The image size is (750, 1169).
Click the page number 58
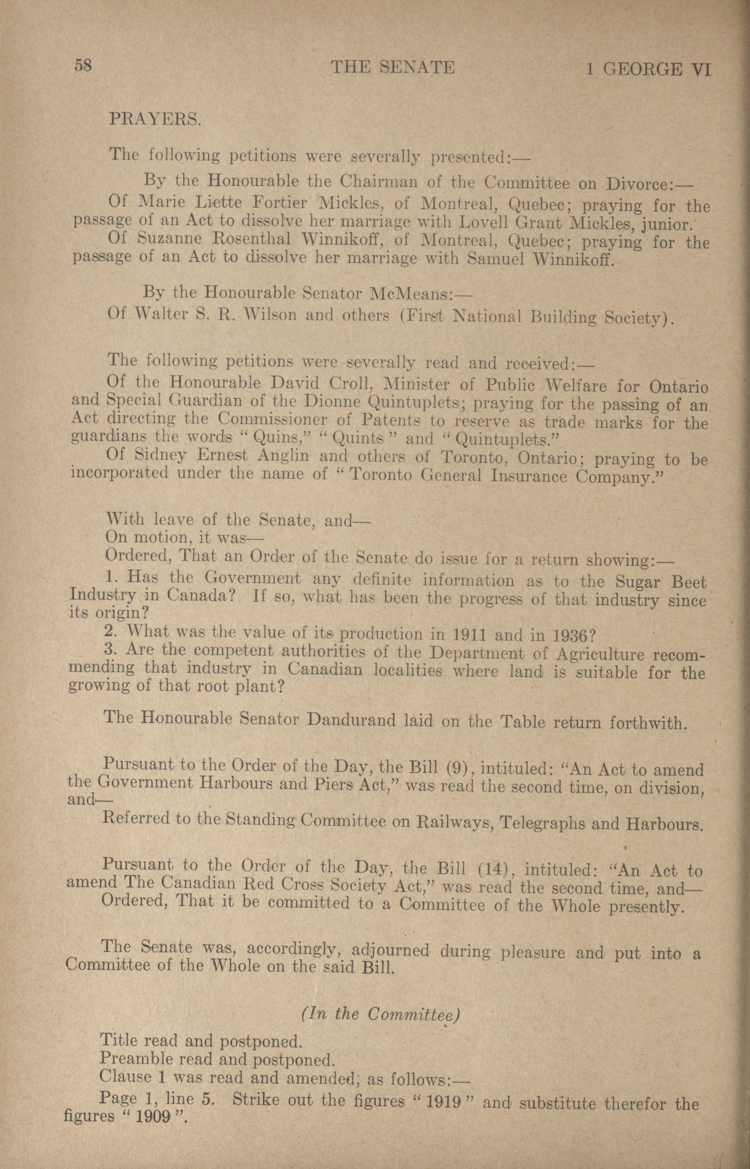(x=83, y=65)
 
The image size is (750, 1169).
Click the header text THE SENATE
(x=393, y=67)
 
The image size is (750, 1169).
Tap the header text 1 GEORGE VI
(x=648, y=70)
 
